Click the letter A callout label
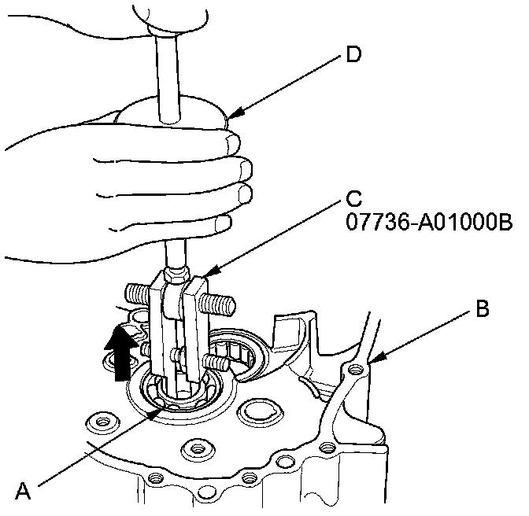click(24, 492)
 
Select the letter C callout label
click(355, 196)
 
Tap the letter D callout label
click(355, 56)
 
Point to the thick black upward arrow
click(119, 354)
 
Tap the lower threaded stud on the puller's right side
click(216, 362)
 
